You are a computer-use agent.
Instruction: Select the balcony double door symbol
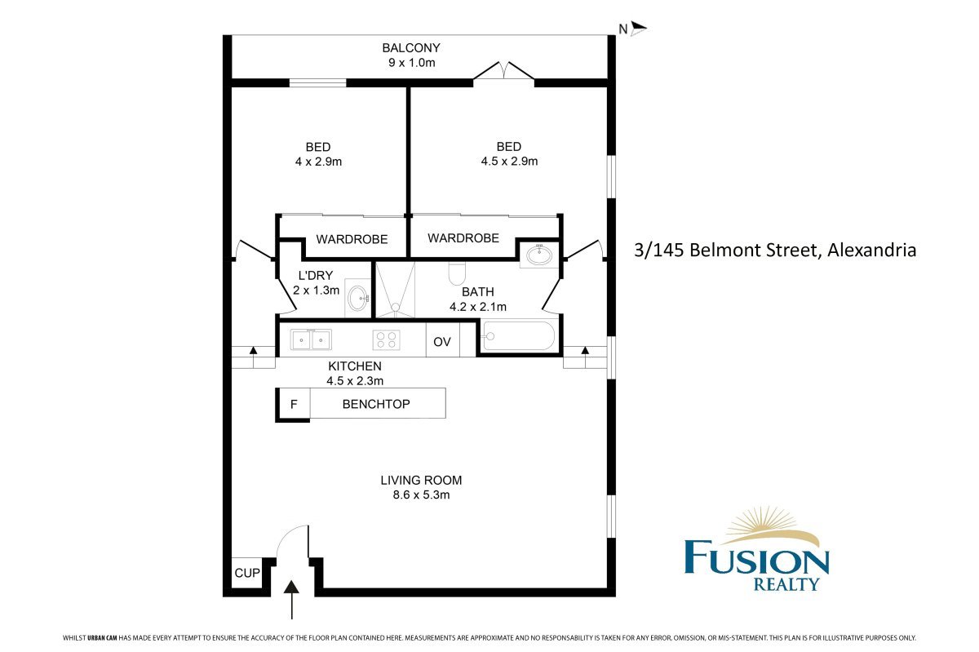point(504,72)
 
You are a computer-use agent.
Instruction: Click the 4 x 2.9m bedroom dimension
point(318,162)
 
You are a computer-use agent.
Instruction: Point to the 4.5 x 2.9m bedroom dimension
point(509,162)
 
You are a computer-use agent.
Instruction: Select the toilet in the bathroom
point(457,273)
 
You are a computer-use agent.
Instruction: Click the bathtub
point(519,336)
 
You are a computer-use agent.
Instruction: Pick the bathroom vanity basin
point(539,255)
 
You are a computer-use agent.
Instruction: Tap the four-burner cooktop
point(386,339)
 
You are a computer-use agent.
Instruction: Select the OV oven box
point(442,342)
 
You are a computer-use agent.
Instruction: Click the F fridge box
point(295,404)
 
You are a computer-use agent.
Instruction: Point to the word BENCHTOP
point(376,404)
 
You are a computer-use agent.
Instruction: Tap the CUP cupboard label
point(246,574)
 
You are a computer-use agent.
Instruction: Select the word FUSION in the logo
point(756,561)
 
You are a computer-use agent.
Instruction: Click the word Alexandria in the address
point(870,250)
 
